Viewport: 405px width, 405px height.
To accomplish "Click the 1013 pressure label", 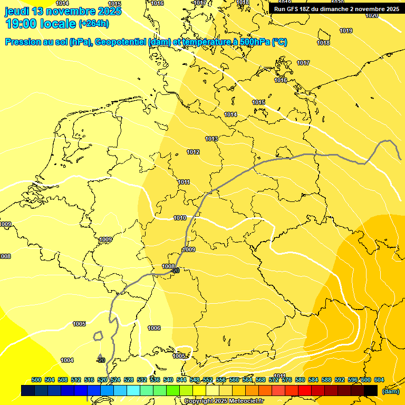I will [211, 139].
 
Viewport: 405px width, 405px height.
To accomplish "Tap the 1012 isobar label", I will [193, 152].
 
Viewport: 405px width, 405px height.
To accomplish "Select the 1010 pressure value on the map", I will [180, 218].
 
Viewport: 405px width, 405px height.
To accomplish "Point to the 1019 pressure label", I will [346, 31].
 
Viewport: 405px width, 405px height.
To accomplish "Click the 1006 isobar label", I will [154, 328].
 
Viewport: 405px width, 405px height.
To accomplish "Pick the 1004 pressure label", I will [67, 360].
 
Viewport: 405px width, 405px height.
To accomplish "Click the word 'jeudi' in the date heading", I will [17, 11].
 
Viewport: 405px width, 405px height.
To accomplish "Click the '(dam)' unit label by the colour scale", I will [390, 391].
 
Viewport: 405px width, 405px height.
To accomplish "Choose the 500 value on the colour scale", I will [36, 380].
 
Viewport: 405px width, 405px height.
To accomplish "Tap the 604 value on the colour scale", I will [379, 380].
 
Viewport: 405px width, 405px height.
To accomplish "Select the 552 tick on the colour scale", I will [208, 380].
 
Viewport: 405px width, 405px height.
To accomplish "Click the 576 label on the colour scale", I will [287, 380].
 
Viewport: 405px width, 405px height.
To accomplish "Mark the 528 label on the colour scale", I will [129, 380].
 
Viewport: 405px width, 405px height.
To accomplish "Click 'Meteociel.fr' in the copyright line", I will [249, 401].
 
